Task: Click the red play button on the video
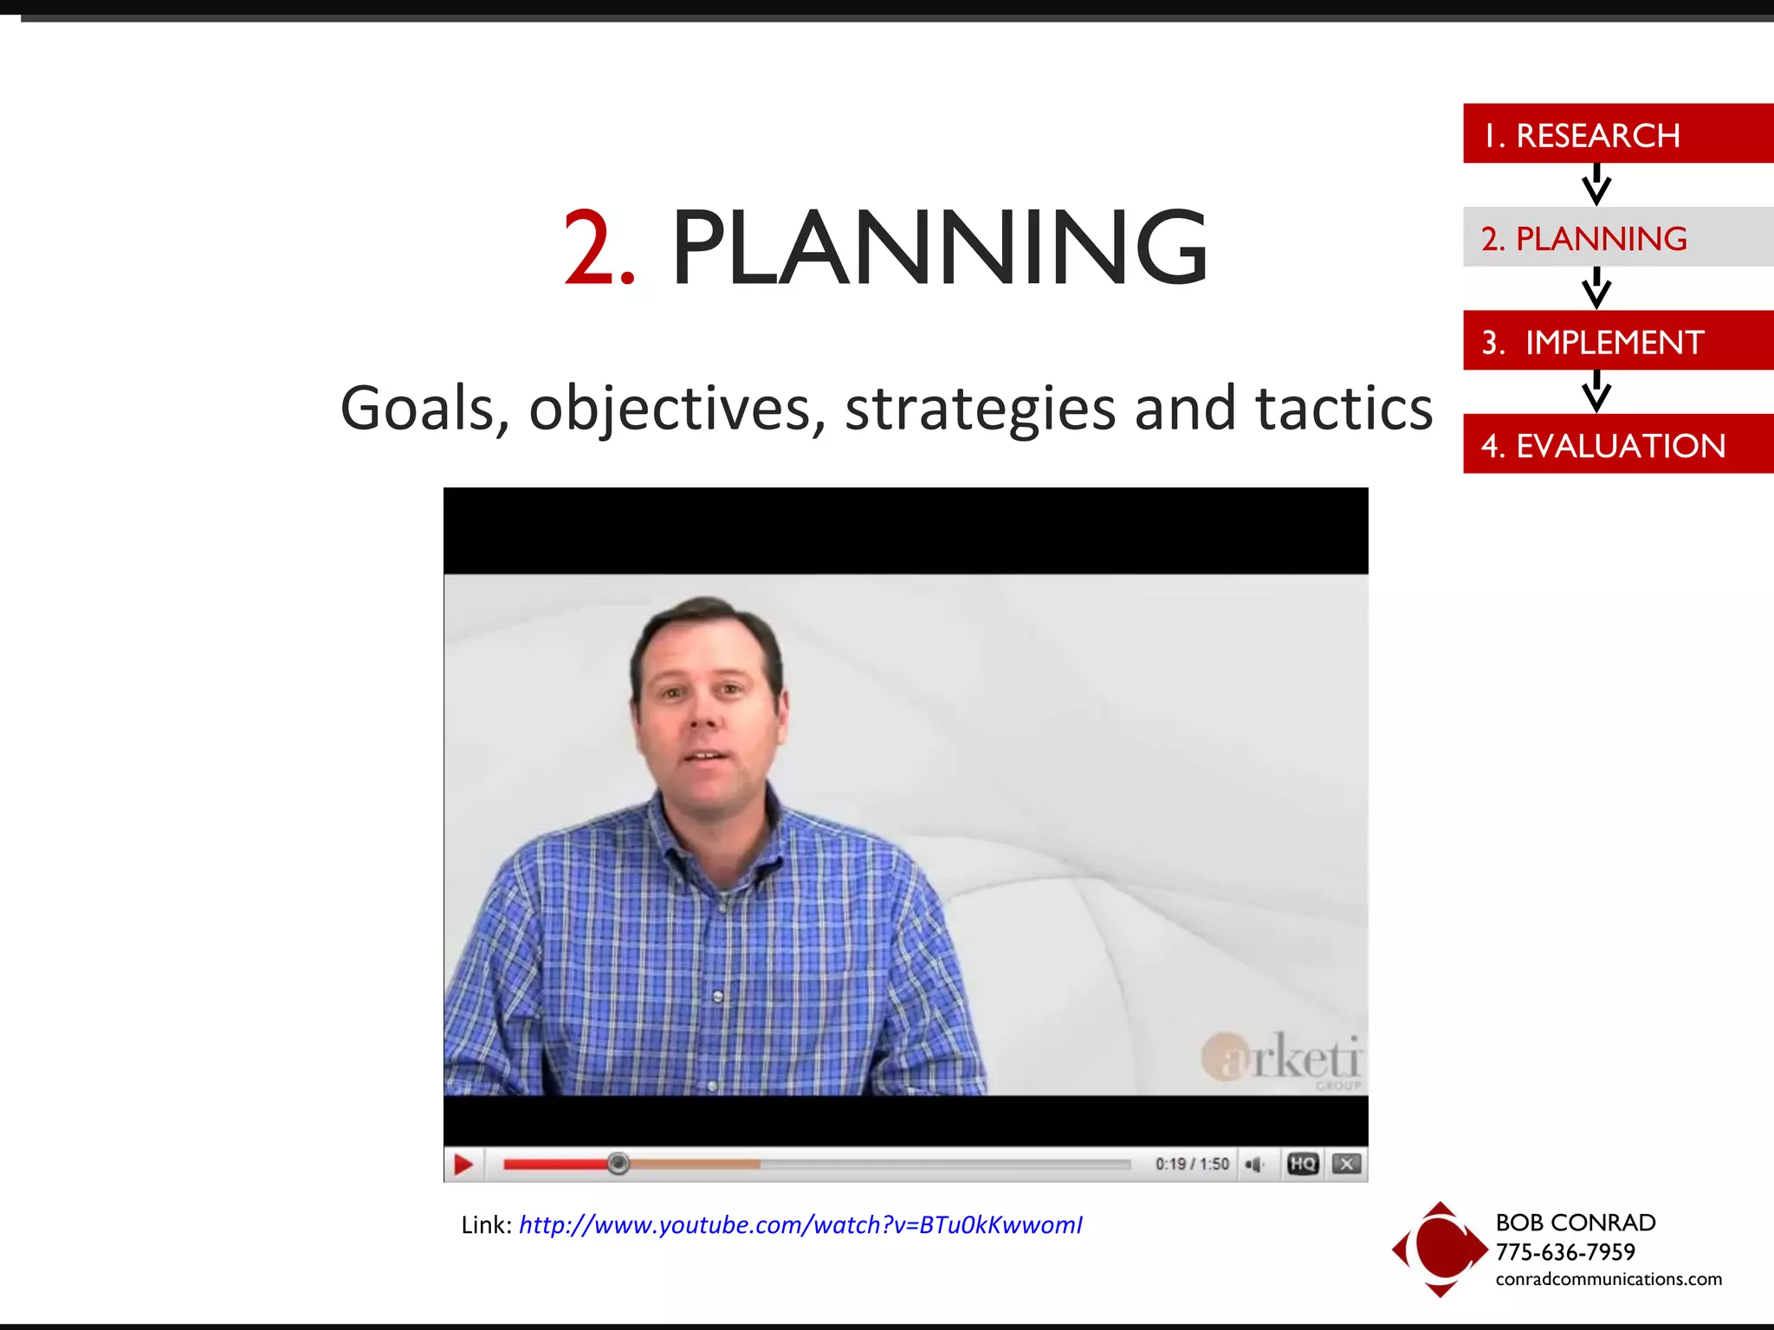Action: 463,1165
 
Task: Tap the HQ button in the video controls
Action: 1303,1164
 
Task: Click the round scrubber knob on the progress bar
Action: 618,1164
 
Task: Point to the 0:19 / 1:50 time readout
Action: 1192,1164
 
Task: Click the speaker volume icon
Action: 1253,1165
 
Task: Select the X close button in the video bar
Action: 1346,1164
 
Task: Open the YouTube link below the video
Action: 800,1225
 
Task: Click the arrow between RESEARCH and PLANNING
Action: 1596,184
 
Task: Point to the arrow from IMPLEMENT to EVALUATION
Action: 1596,391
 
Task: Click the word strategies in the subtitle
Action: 980,409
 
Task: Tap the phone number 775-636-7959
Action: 1565,1252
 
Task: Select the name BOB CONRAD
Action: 1576,1223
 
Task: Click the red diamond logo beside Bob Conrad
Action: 1439,1249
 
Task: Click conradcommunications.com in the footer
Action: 1609,1279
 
